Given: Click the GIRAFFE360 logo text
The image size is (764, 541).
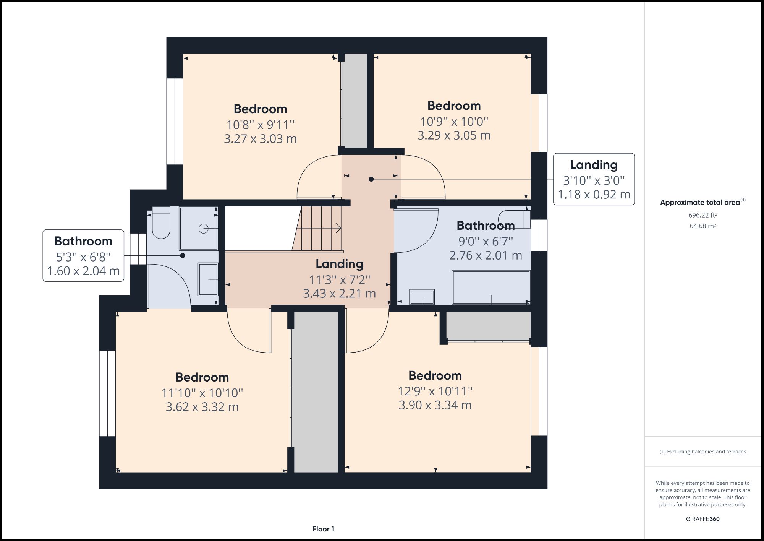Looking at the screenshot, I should [x=702, y=519].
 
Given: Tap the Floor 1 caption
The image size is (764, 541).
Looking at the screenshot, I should [x=323, y=529].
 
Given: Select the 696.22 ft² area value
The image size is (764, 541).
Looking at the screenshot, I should [x=702, y=215].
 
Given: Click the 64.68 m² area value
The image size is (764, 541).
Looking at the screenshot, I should [x=702, y=226].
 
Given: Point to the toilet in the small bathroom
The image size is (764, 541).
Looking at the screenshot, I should [x=161, y=224].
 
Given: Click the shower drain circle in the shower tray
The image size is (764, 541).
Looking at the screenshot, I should [x=203, y=229].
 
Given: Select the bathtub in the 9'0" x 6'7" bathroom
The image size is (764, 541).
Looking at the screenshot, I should [x=491, y=287].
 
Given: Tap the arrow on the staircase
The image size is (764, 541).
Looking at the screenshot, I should [x=338, y=229].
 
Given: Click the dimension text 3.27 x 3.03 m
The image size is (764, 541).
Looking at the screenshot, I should [x=260, y=139].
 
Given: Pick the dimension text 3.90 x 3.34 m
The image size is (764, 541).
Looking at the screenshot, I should [x=435, y=405].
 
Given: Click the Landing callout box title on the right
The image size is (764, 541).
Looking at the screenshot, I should [x=594, y=165].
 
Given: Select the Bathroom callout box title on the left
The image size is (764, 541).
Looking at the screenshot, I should [x=83, y=241].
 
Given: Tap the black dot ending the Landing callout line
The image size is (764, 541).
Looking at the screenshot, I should [x=371, y=179].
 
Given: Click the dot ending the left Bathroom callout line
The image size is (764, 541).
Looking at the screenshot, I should [x=183, y=255].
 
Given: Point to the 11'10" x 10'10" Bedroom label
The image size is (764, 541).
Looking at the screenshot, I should [x=202, y=377].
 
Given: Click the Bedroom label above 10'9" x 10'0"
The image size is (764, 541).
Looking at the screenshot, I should [x=454, y=106].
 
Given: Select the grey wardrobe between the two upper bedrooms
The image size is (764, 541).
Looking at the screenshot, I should [x=354, y=100].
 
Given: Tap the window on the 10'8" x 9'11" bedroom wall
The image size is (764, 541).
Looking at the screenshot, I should [x=175, y=122].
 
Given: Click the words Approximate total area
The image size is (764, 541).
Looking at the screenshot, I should [x=700, y=203].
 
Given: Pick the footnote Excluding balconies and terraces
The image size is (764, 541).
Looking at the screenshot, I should [x=702, y=452].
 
